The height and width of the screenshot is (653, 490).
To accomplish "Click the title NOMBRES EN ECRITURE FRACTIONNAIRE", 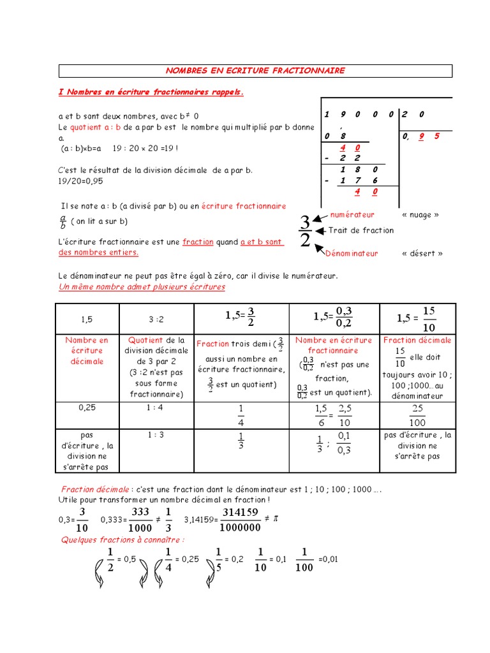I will coord(255,71).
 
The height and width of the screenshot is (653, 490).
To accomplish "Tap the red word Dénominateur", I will coord(352,253).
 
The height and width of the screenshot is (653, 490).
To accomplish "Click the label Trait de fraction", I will coord(361,230).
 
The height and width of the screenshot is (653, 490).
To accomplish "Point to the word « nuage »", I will coord(420,215).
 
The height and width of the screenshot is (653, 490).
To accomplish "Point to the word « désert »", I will coord(422,253).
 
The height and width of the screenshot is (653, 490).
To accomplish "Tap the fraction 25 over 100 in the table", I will coord(418,415).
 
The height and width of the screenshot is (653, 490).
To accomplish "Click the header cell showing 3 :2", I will coord(156,318).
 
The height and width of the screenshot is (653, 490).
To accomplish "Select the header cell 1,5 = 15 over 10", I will coord(417,318).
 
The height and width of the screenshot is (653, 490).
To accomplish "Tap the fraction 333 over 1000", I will coord(140,519).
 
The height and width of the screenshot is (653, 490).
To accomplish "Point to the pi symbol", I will coord(276,519).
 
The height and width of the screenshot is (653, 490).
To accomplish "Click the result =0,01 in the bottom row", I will coord(327,559).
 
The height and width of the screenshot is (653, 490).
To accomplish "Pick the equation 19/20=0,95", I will coord(80,180).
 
